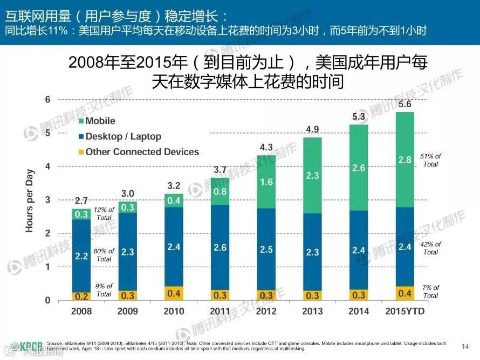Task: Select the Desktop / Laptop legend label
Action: point(123,137)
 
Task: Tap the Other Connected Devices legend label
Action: point(142,152)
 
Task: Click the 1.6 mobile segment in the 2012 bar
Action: point(266,182)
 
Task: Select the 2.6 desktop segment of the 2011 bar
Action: point(220,247)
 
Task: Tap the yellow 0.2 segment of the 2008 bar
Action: point(81,296)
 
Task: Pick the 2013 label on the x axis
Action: point(312,311)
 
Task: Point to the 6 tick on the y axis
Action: point(47,100)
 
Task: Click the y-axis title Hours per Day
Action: point(30,200)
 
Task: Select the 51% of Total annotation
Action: point(430,160)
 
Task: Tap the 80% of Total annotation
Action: point(104,255)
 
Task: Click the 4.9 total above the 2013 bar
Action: point(312,129)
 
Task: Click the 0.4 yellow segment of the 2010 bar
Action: point(174,293)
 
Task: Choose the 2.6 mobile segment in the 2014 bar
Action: point(359,168)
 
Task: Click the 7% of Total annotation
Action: point(430,292)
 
